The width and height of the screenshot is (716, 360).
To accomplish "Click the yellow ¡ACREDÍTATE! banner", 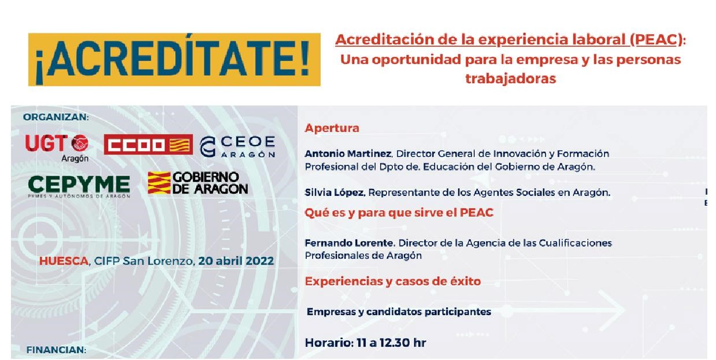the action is [x=174, y=60].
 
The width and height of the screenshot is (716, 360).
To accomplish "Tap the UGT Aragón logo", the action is [x=57, y=148].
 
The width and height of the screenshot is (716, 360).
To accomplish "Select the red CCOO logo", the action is [x=149, y=144].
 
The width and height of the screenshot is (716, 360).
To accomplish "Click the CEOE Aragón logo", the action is [x=238, y=146].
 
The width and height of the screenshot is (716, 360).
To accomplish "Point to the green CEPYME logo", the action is [x=79, y=186].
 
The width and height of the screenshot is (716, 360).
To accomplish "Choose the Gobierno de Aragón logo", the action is [x=198, y=183].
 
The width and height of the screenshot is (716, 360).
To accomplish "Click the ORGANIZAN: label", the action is [x=56, y=117].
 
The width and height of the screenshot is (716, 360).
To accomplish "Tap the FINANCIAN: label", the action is [x=56, y=350].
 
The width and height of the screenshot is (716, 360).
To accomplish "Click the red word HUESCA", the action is [x=64, y=261].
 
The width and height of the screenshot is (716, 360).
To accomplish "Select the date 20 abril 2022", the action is [x=236, y=261].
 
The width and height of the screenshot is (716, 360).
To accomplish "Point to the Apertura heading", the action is [x=332, y=128].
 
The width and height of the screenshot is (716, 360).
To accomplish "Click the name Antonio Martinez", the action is [x=348, y=154].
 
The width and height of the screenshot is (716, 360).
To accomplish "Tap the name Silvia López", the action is [x=335, y=192].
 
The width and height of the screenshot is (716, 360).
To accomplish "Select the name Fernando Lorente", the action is [x=348, y=243].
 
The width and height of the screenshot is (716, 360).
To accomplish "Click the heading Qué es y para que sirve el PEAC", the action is [x=399, y=213].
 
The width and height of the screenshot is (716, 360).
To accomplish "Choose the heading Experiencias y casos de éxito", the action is [x=392, y=281].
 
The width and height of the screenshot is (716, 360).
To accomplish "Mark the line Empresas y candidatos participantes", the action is [x=399, y=311].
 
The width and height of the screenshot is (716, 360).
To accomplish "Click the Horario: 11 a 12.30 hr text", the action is [x=365, y=343].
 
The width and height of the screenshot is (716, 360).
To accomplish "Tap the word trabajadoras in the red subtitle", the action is [x=510, y=79].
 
